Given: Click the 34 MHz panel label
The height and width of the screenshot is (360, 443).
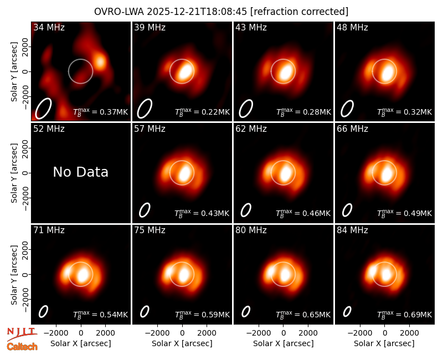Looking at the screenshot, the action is coord(49,27).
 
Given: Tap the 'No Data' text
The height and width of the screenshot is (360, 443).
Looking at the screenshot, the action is coord(81,172).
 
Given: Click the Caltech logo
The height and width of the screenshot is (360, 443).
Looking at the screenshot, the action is coord(22,347).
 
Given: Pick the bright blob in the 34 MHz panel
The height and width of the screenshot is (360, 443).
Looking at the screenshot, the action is coord(100,61).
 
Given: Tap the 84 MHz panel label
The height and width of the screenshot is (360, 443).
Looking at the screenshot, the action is coord(352,230).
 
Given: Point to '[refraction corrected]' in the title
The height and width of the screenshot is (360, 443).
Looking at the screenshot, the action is coord(299,12).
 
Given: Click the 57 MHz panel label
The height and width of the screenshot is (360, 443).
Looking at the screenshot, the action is coord(150,129).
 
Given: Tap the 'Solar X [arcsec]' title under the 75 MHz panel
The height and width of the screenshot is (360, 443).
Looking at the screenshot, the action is coord(182,343).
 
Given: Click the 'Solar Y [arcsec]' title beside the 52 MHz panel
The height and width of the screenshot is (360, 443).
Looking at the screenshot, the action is coord(14,173).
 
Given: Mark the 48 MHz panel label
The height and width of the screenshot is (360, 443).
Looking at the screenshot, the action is coord(352,27).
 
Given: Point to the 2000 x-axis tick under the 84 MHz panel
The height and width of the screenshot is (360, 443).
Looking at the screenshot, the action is coord(409,333).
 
